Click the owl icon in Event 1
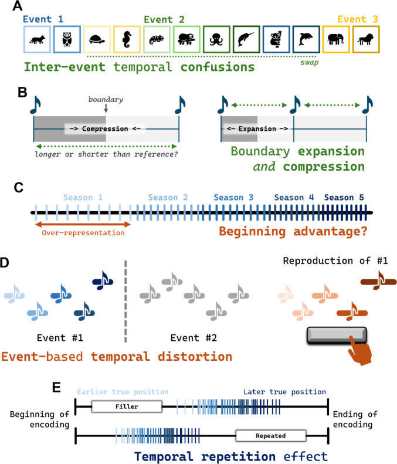(x=67, y=39)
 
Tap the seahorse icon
(x=127, y=39)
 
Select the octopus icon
(x=216, y=40)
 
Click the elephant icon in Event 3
(x=336, y=39)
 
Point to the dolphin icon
(x=306, y=39)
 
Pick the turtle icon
(x=97, y=39)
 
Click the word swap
(x=310, y=63)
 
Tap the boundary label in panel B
(x=106, y=99)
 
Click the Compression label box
(x=105, y=128)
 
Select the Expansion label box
(x=257, y=128)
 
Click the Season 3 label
(x=233, y=197)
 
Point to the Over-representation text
(x=83, y=233)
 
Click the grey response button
(x=337, y=336)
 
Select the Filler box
(x=127, y=407)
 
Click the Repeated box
(x=271, y=436)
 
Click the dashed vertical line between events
(x=125, y=302)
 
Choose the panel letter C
(x=18, y=188)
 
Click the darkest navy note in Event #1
(x=103, y=280)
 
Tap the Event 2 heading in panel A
(x=164, y=19)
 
